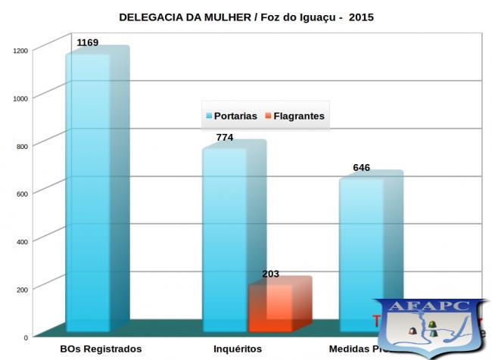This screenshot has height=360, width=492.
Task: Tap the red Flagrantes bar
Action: (270, 307)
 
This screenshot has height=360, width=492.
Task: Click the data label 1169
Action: (88, 42)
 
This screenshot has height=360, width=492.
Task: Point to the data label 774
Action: (224, 137)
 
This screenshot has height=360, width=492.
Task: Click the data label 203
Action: (270, 273)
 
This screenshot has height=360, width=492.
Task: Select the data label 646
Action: (361, 167)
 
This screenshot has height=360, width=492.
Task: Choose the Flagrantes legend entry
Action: (293, 116)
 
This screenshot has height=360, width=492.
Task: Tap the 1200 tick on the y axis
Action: (20, 51)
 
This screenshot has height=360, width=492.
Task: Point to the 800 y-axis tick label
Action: (23, 146)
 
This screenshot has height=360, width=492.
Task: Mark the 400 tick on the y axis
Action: (23, 241)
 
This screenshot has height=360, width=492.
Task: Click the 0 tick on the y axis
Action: (26, 337)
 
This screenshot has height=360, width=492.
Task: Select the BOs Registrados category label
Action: (100, 349)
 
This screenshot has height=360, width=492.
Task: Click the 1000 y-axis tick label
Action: (20, 98)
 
